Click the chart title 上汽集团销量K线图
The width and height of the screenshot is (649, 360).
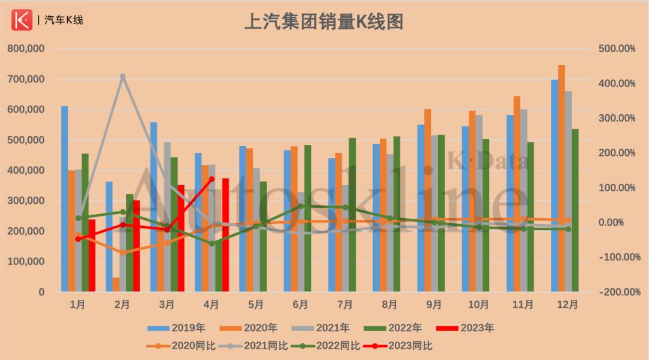pos(323,22)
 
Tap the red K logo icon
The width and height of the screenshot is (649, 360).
pos(22,20)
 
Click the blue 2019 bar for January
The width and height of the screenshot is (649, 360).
pos(64,198)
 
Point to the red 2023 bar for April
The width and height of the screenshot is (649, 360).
pos(225,235)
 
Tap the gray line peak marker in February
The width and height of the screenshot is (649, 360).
pos(123,77)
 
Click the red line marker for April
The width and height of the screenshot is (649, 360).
pos(212,179)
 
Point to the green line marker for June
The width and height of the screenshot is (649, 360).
pos(300,206)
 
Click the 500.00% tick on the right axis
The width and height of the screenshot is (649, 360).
pos(617,49)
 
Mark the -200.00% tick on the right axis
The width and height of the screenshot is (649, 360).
pos(617,292)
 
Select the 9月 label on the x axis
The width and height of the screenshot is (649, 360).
pos(434,305)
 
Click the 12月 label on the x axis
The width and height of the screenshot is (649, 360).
pos(567,305)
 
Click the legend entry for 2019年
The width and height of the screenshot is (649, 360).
pos(177,328)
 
